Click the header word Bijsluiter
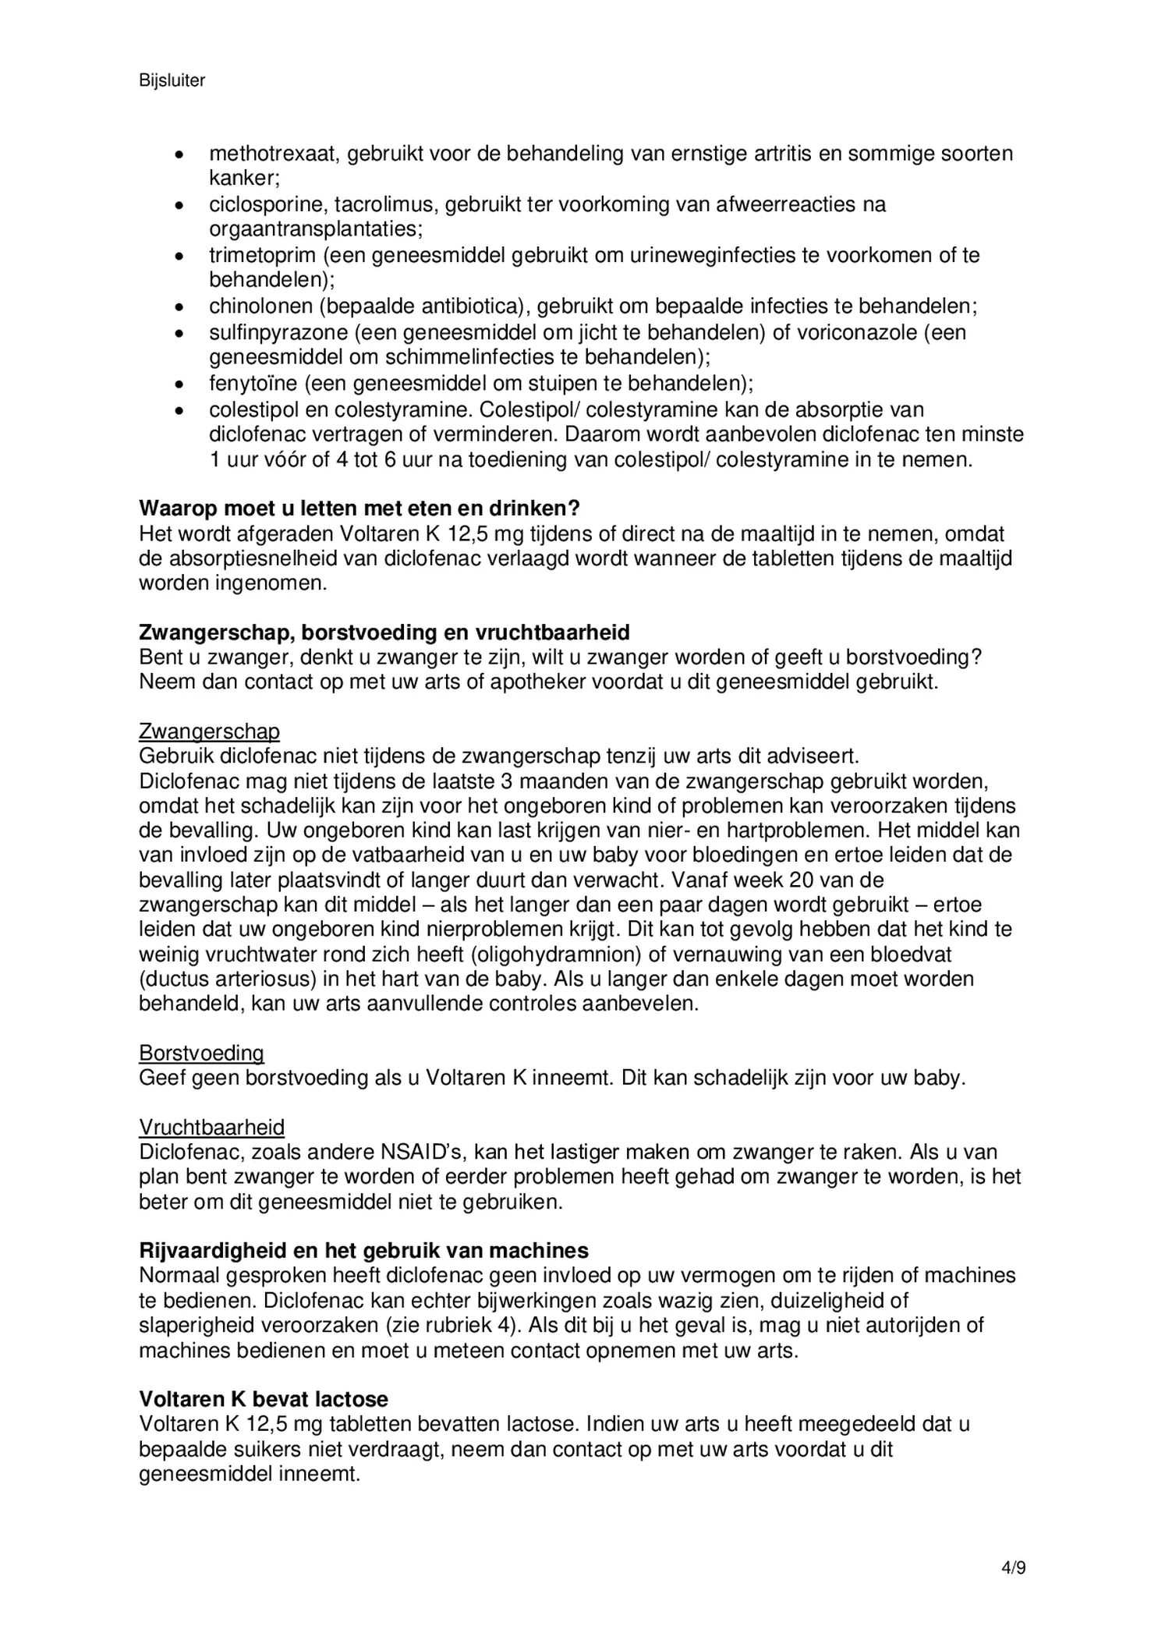(x=172, y=80)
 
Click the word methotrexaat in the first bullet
(x=272, y=154)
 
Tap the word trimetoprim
(x=262, y=255)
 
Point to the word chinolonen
(x=260, y=306)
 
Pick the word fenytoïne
(x=253, y=383)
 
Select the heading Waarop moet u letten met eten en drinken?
(x=359, y=508)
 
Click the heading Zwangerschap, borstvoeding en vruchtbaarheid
(x=384, y=632)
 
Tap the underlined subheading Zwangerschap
(x=209, y=731)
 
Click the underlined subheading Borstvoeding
(x=201, y=1054)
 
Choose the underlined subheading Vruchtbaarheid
(x=211, y=1128)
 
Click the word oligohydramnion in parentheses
(x=560, y=955)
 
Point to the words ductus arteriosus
(x=228, y=979)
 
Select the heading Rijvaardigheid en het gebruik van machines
(x=363, y=1251)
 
